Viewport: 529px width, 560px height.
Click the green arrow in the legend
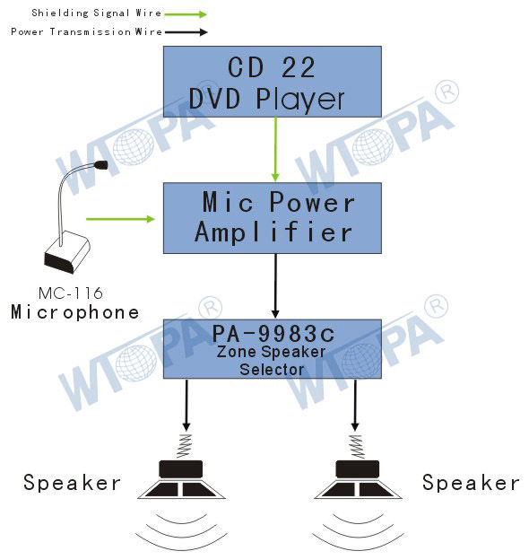click(186, 14)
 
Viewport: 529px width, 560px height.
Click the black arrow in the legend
click(186, 32)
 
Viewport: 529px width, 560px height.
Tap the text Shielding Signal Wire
click(96, 13)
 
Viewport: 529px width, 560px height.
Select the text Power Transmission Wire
click(86, 31)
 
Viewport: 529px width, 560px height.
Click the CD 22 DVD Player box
click(273, 82)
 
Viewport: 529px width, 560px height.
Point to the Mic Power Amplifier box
click(273, 218)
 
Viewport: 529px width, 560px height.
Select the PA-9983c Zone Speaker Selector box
click(273, 349)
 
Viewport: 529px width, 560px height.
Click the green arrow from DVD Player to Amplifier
click(275, 149)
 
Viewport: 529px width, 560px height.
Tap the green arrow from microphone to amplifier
click(120, 219)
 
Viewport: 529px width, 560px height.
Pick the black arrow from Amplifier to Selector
click(275, 285)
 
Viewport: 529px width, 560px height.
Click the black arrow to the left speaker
click(186, 405)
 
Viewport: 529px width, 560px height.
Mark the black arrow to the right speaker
click(355, 405)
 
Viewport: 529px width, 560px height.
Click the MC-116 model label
click(71, 293)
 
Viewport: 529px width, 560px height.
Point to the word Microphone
click(75, 312)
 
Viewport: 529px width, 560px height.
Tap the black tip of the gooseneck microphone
click(101, 164)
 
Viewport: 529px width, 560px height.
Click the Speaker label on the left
click(72, 483)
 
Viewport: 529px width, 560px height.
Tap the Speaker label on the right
click(471, 483)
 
